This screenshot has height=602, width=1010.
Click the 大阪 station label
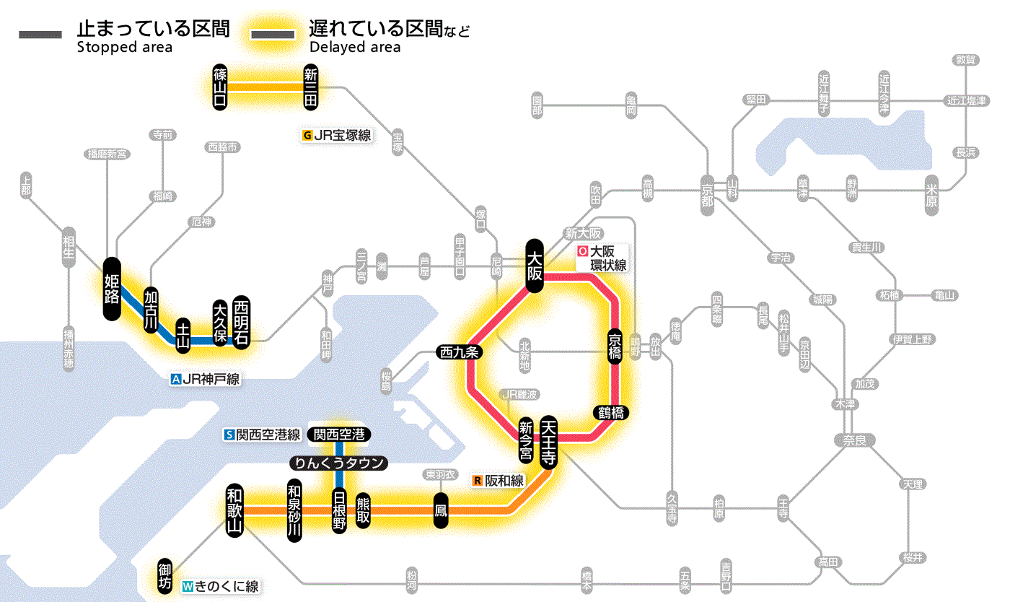coord(535,266)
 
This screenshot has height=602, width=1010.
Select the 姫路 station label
coord(112,289)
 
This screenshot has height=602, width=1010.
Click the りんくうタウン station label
coord(338,463)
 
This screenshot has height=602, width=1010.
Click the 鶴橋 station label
coord(610,413)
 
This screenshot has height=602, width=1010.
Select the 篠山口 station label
coord(220,87)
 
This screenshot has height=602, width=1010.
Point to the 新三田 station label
coord(311,87)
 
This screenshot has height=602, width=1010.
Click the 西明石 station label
coord(241,322)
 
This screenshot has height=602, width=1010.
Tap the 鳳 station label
coord(440,510)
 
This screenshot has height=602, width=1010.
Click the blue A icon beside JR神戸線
coord(175,379)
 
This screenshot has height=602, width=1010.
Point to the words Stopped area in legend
coord(124,48)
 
